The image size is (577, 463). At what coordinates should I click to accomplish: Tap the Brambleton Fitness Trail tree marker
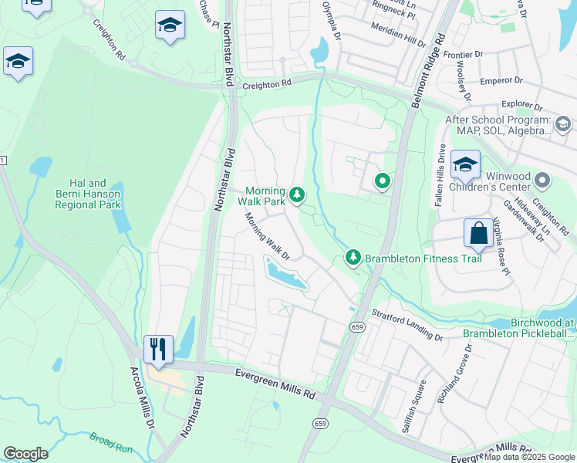coord(353,257)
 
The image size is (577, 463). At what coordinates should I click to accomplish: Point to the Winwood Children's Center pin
coord(543,181)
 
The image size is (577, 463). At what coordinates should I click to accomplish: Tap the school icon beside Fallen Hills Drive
coord(464,164)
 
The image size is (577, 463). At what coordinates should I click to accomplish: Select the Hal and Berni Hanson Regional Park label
coord(88,194)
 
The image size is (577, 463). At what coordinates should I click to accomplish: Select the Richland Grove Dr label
coord(454,374)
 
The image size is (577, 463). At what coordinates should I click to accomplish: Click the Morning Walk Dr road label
coord(267,236)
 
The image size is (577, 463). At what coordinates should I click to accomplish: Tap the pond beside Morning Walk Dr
coord(285,275)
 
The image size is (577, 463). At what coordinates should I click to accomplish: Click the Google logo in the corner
coord(25,454)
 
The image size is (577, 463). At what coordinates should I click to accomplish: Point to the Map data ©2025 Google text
coord(528,457)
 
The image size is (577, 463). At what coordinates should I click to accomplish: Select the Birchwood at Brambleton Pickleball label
coord(519,328)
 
